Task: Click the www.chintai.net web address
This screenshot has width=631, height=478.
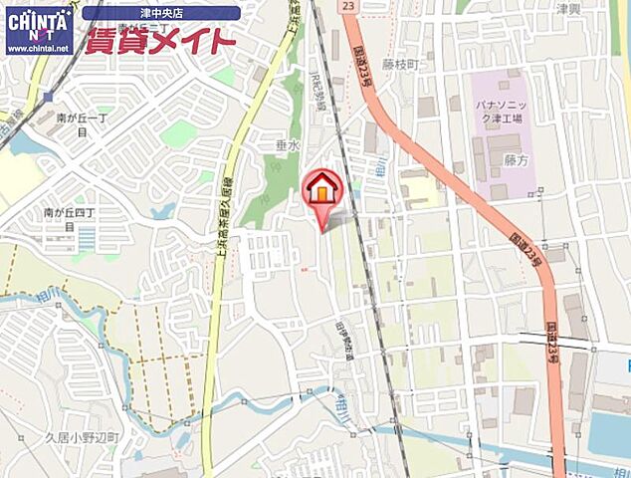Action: click(x=38, y=48)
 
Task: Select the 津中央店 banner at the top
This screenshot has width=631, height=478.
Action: click(x=160, y=13)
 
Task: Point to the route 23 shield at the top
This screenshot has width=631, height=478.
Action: click(x=347, y=6)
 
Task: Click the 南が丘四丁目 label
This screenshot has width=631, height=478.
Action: click(x=69, y=218)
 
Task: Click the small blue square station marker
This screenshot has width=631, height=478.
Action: click(x=48, y=96)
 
